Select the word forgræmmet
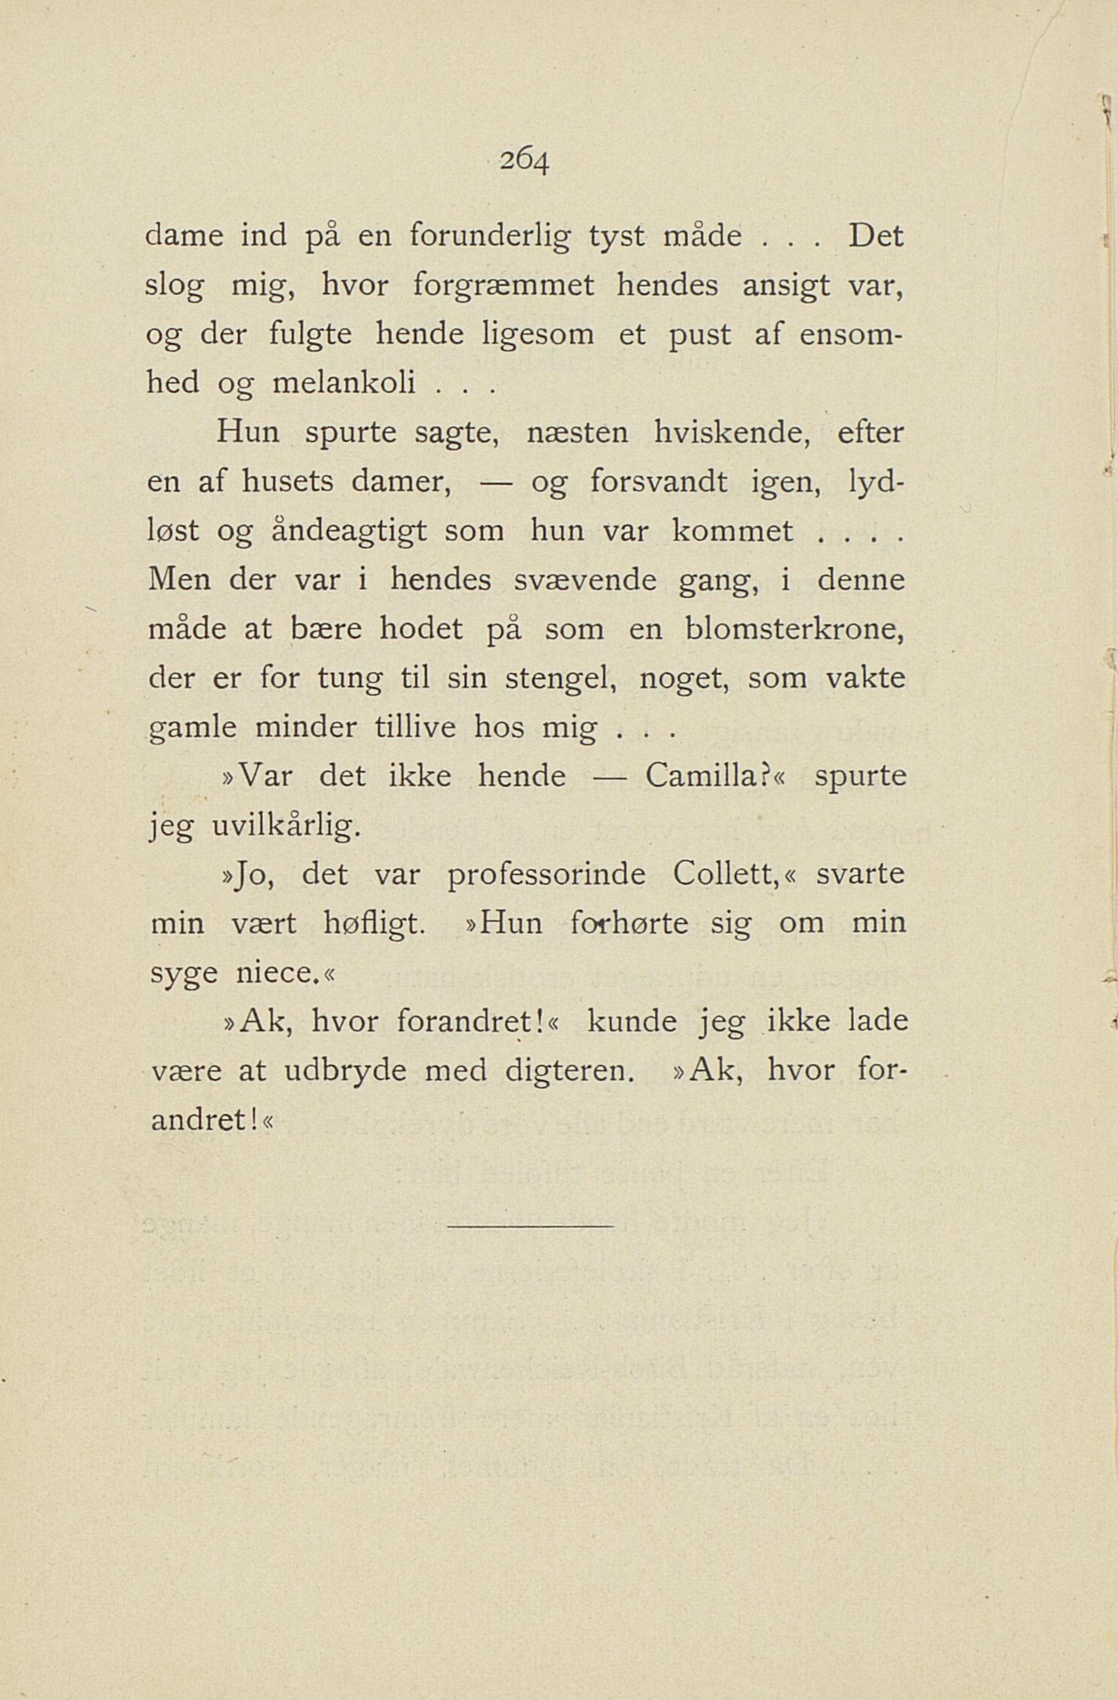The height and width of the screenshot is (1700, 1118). (x=504, y=287)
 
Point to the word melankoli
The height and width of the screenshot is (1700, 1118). (x=345, y=384)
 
